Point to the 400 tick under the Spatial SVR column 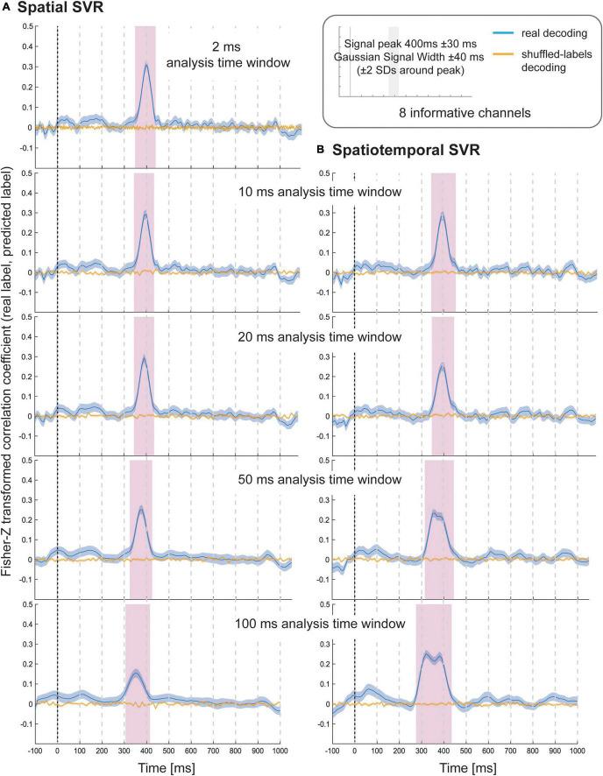(146, 751)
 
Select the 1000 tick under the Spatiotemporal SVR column (578, 751)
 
